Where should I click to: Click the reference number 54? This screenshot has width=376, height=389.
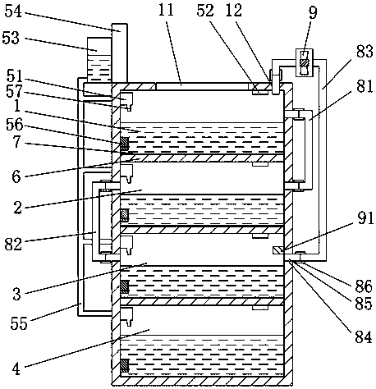click(13, 11)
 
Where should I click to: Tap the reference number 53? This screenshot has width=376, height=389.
click(11, 38)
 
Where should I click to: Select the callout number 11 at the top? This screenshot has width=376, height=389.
click(166, 11)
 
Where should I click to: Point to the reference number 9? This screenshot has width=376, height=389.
click(313, 12)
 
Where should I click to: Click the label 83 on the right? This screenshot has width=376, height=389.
click(365, 51)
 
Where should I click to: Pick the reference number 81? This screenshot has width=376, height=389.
click(365, 86)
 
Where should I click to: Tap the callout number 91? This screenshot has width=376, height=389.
click(365, 218)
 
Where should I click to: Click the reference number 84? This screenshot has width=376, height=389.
click(364, 336)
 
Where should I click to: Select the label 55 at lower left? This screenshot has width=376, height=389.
click(19, 323)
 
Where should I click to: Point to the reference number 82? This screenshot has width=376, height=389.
click(13, 244)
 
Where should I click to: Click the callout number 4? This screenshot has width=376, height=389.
click(16, 368)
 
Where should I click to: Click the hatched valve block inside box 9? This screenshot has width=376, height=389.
click(305, 62)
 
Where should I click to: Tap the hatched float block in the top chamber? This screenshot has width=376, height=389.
click(125, 144)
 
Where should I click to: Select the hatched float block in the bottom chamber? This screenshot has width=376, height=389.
click(125, 365)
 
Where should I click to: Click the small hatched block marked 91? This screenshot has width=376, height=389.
click(278, 250)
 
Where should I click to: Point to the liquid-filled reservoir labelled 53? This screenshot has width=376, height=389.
click(99, 60)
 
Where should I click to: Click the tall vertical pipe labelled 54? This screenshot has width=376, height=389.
click(120, 53)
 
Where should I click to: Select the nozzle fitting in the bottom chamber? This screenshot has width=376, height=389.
click(126, 317)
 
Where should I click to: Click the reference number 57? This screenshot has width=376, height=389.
click(14, 91)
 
